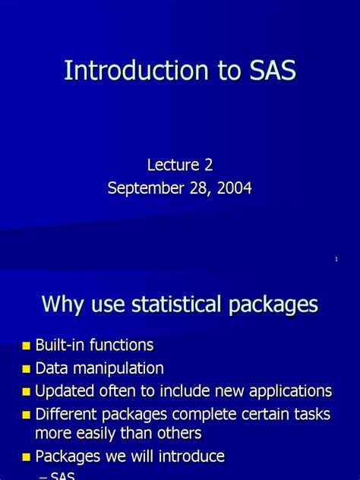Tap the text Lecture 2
(179, 164)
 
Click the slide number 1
(336, 260)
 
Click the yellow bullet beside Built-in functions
(27, 346)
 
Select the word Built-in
(60, 346)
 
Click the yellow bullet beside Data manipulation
(27, 369)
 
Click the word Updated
(63, 391)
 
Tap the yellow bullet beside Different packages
(27, 415)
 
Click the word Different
(67, 414)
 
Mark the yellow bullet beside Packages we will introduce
(27, 457)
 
